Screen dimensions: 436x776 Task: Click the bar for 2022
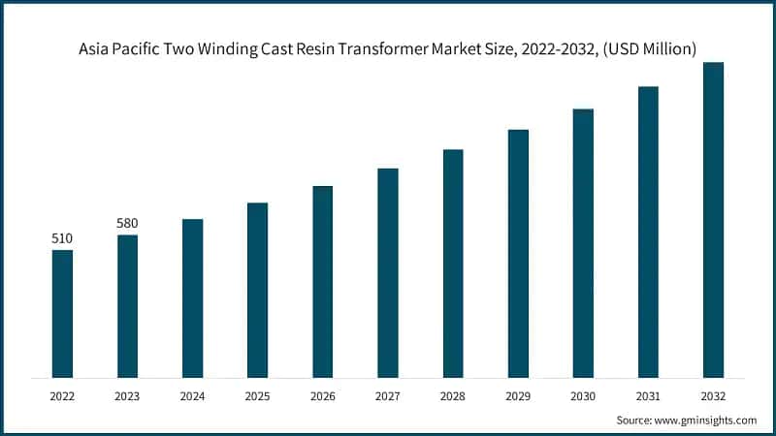[x=62, y=313]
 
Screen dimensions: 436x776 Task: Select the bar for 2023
[x=127, y=305]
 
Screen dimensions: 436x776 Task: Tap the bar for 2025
[x=257, y=290]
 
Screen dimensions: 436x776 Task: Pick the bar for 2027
[x=387, y=272]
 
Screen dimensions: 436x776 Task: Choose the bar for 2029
[x=518, y=253]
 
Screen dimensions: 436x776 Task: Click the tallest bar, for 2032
[x=713, y=220]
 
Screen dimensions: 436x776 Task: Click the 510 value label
[x=62, y=238]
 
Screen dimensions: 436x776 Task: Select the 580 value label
[x=127, y=223]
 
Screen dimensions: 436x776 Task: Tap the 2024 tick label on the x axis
[x=192, y=395]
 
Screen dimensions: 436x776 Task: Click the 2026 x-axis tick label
[x=322, y=395]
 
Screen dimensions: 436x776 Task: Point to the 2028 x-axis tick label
[x=453, y=395]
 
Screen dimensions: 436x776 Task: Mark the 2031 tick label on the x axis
[x=648, y=395]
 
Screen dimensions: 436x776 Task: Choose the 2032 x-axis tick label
[x=713, y=395]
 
